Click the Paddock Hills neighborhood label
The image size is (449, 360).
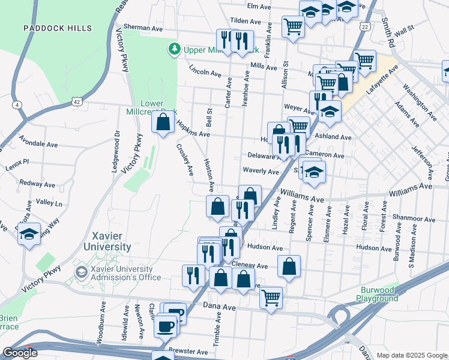click(x=58, y=28)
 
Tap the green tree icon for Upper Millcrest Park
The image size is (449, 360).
click(x=174, y=47)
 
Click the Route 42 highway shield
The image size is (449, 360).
click(x=77, y=102)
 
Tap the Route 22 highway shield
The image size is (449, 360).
click(x=365, y=26)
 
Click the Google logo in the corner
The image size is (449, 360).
click(x=20, y=353)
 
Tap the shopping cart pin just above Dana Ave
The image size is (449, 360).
click(x=271, y=297)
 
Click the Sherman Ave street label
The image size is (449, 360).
click(x=143, y=28)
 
